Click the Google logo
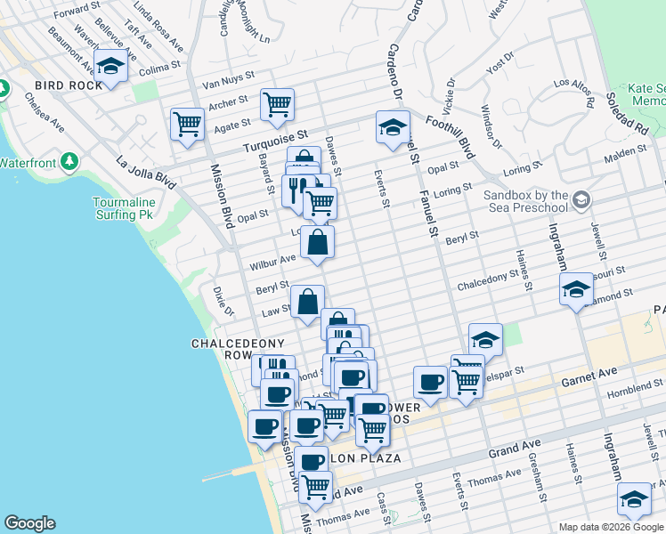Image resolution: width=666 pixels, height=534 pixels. pyautogui.click(x=29, y=523)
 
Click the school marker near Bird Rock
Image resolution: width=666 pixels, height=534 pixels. pyautogui.click(x=110, y=68)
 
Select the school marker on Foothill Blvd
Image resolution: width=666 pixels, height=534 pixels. pyautogui.click(x=392, y=126)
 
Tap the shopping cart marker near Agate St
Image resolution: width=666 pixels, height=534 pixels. pyautogui.click(x=187, y=124)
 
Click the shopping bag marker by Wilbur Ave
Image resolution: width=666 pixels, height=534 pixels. pyautogui.click(x=317, y=242)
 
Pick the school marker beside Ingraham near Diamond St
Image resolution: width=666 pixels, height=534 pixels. pyautogui.click(x=576, y=289)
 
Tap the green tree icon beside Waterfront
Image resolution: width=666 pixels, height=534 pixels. pyautogui.click(x=70, y=163)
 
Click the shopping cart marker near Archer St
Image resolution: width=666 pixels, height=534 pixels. pyautogui.click(x=277, y=104)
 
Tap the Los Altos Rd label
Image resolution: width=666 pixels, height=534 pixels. pyautogui.click(x=574, y=93)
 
